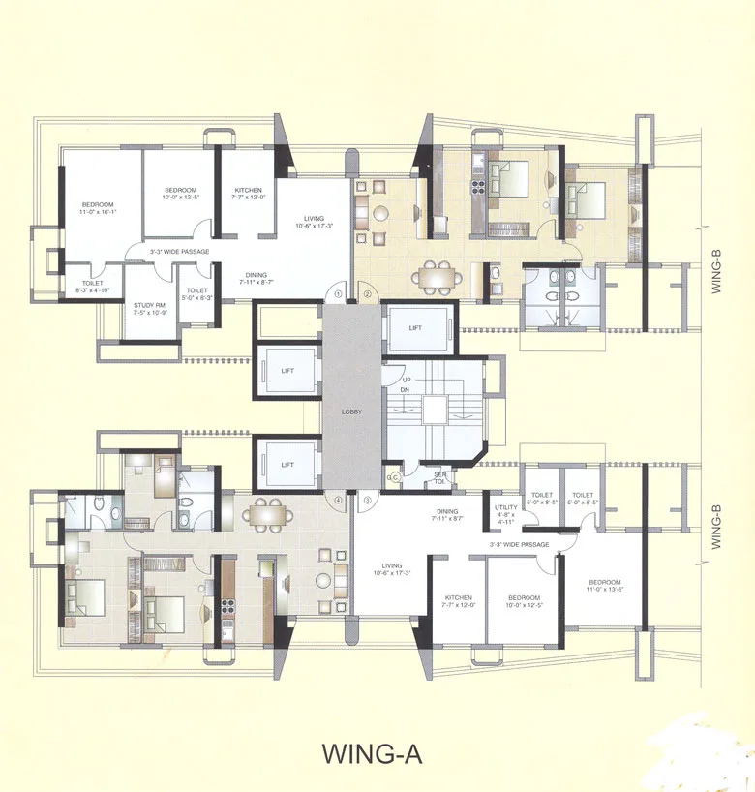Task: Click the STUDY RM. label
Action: (x=149, y=309)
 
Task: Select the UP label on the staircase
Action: (x=394, y=379)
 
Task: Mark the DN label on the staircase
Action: (x=394, y=390)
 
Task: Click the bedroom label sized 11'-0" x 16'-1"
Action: (x=98, y=207)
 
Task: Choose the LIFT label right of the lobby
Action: (x=414, y=329)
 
